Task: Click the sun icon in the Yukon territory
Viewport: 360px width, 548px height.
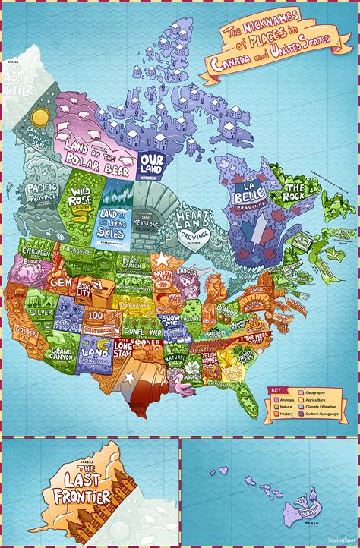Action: tap(41, 116)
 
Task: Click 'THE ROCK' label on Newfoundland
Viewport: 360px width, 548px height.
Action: tap(294, 189)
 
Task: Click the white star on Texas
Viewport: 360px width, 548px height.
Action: tap(129, 376)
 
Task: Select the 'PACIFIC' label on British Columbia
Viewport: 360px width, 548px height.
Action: tap(38, 187)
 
